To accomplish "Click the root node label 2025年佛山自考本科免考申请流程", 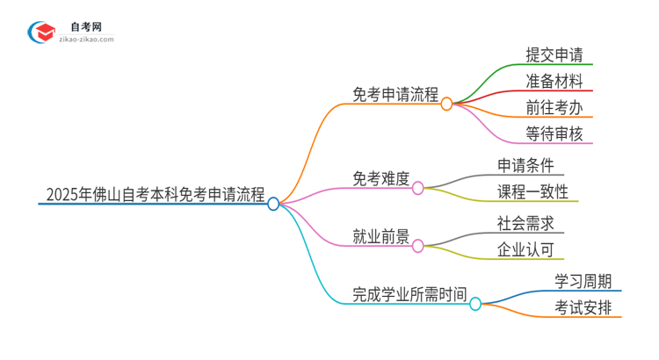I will point(154,195).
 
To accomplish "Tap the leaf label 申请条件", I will point(525,164).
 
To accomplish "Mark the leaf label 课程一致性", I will point(532,191).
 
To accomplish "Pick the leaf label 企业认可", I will point(525,249).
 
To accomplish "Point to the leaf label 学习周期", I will point(583,280).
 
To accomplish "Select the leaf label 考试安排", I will point(583,307).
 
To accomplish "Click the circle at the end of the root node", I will point(273,204).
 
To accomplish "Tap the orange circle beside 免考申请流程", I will point(446,104).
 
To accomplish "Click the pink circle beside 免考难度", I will point(418,187).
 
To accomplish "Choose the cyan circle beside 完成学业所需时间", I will point(475,304).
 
